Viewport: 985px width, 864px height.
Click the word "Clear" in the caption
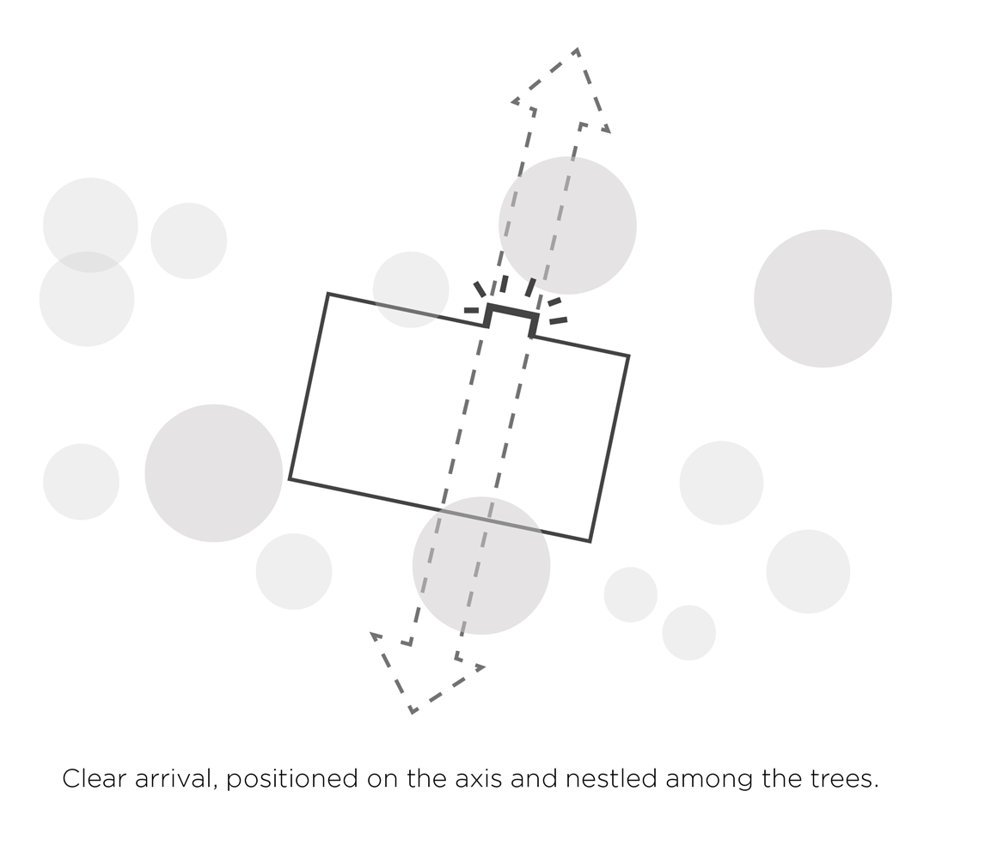[x=94, y=779]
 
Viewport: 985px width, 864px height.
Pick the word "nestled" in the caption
[x=610, y=779]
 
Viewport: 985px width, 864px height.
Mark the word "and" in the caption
[x=534, y=779]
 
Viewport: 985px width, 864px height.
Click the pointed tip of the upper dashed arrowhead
[x=577, y=49]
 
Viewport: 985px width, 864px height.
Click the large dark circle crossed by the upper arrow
[x=567, y=225]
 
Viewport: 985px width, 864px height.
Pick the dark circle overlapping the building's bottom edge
[x=481, y=566]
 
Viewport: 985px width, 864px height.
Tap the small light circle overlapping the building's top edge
[x=411, y=289]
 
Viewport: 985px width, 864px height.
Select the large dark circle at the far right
[x=823, y=298]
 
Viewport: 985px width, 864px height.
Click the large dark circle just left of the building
[x=213, y=473]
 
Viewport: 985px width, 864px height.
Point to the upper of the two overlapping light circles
[x=90, y=225]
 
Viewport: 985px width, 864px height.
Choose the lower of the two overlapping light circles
[x=87, y=299]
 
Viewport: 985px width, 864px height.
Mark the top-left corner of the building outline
[x=328, y=294]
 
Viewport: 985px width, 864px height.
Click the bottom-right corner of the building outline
[x=590, y=540]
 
